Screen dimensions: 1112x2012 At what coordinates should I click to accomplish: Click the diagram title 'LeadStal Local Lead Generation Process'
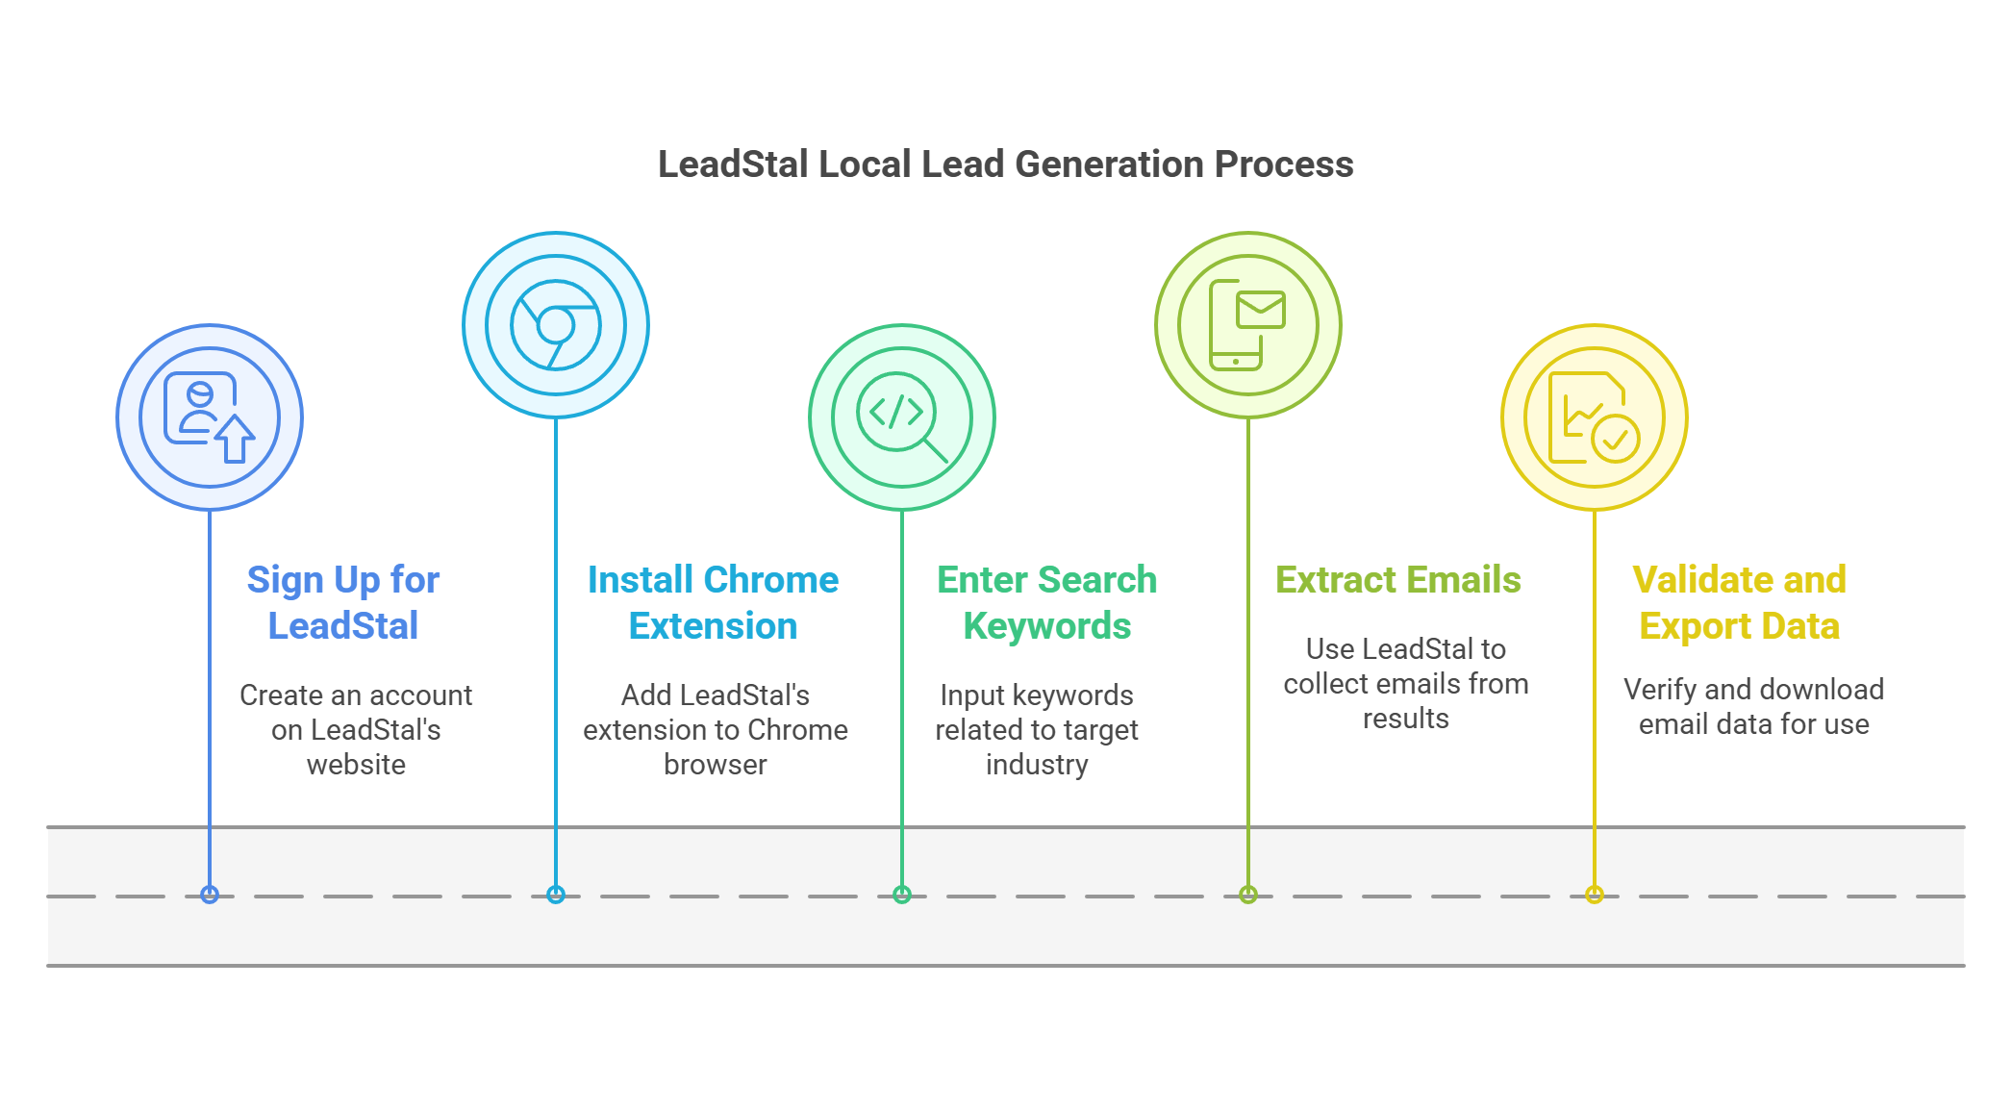[1005, 164]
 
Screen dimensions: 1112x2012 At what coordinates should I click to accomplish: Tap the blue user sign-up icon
[210, 417]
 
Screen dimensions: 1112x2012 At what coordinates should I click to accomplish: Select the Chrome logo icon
[556, 325]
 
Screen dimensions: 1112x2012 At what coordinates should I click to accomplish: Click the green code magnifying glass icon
[902, 417]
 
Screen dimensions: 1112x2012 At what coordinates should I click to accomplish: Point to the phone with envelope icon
[1247, 325]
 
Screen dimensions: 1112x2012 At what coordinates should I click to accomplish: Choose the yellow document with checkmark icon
[1594, 417]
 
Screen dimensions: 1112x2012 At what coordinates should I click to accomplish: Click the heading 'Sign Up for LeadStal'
[343, 602]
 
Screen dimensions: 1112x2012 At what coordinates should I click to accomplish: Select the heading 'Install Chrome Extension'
[713, 602]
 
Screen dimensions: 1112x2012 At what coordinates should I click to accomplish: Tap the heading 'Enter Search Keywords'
[1046, 602]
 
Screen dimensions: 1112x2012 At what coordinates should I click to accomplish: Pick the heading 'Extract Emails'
[1397, 580]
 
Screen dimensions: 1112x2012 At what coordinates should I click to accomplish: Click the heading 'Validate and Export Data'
[1739, 602]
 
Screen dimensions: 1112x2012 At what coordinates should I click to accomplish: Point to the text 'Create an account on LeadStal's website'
[356, 729]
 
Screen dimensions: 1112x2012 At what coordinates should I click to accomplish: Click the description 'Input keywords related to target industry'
[1037, 729]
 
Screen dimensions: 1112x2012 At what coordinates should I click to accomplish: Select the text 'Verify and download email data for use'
[1753, 706]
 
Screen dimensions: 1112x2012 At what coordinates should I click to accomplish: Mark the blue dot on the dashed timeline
[210, 895]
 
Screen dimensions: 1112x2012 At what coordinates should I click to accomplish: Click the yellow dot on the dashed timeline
[1595, 895]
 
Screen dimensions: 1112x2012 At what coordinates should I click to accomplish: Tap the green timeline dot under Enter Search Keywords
[902, 895]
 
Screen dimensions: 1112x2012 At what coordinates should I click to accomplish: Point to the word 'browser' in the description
[715, 765]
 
